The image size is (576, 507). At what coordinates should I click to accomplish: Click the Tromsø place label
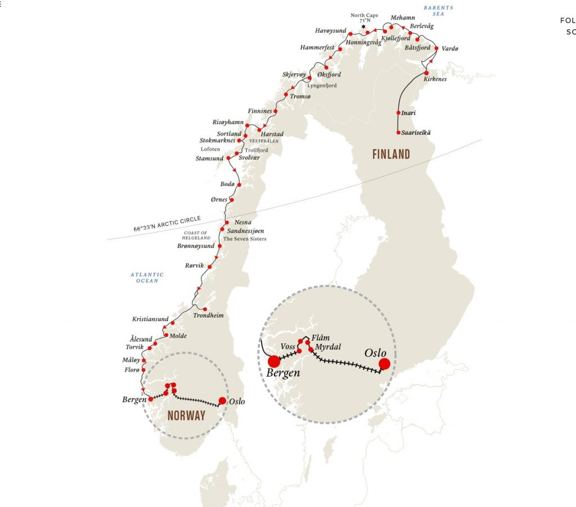(x=300, y=97)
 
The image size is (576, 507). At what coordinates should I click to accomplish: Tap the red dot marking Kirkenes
(x=426, y=73)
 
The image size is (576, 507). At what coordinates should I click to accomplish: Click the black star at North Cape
(x=363, y=26)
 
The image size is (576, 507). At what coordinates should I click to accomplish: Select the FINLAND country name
(x=391, y=154)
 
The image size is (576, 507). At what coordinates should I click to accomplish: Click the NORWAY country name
(x=186, y=415)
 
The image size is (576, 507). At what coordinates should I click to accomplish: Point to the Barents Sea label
(x=439, y=11)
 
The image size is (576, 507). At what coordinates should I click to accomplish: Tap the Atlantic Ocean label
(x=147, y=278)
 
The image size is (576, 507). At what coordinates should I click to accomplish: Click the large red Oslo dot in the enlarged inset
(x=384, y=364)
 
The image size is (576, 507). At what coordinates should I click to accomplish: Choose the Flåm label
(x=320, y=338)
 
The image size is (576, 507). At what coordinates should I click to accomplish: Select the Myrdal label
(x=328, y=347)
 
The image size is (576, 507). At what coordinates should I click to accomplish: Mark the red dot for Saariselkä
(x=399, y=133)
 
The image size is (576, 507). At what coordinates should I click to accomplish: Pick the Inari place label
(x=409, y=113)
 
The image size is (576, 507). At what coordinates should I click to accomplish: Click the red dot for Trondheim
(x=205, y=309)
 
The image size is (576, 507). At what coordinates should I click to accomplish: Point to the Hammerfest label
(x=317, y=48)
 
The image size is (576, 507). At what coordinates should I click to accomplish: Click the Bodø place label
(x=227, y=184)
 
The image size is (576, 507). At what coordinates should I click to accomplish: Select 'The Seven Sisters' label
(x=245, y=239)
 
